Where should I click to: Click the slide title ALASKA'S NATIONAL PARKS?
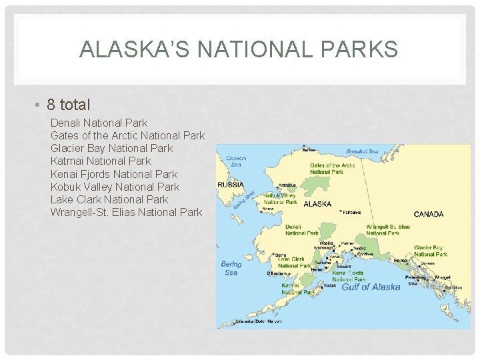(239, 49)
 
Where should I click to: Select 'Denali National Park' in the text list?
(99, 123)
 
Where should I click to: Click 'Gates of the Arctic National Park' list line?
(127, 135)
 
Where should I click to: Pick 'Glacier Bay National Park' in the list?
(111, 148)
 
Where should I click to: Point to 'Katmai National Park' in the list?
(101, 161)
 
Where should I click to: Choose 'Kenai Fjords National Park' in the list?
(114, 174)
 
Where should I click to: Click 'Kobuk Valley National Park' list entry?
(115, 187)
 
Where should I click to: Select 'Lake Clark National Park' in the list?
(109, 199)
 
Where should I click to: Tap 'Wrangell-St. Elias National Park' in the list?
(126, 212)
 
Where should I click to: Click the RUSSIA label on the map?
(231, 185)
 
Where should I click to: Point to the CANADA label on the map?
(429, 214)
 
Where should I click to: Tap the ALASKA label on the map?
(317, 204)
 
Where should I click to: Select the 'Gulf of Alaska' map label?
(371, 287)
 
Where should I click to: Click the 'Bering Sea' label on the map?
(231, 268)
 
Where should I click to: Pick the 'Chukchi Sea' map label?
(236, 161)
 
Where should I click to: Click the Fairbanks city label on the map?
(351, 213)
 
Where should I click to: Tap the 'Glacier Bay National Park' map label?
(430, 251)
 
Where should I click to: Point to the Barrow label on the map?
(309, 150)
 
